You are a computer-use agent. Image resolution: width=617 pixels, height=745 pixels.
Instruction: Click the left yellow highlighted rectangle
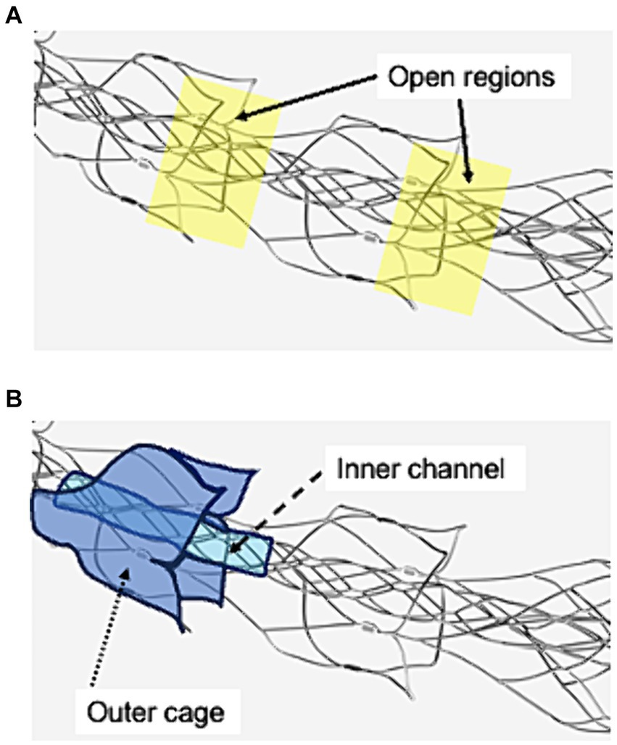[212, 163]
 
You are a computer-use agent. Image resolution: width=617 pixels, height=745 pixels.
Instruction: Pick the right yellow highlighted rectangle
[442, 228]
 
